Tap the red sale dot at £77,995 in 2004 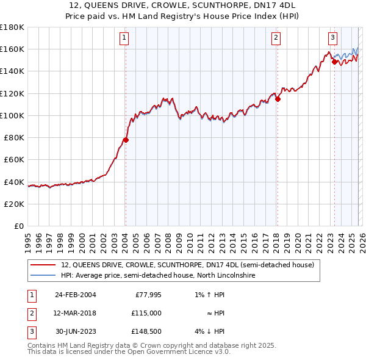tap(126, 140)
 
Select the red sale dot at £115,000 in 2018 tap(278, 99)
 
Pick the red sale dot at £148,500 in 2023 tap(334, 62)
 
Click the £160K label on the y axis tap(12, 49)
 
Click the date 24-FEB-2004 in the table tap(75, 295)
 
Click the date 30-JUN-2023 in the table tap(75, 331)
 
